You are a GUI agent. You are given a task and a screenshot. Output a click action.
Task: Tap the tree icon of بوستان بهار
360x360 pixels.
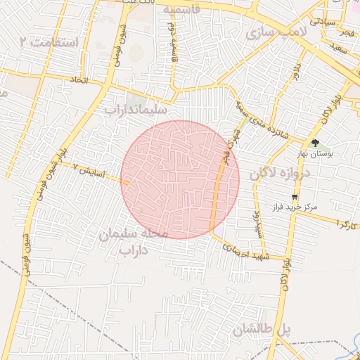[x=314, y=143]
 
